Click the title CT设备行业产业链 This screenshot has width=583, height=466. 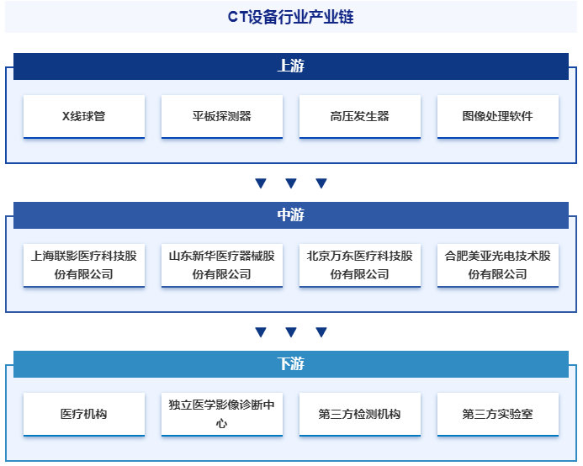point(291,17)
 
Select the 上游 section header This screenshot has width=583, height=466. point(291,66)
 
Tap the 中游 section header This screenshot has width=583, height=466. point(291,215)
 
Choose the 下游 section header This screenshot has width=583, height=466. point(291,364)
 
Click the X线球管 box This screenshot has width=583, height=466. point(84,116)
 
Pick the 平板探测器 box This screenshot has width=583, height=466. point(222,116)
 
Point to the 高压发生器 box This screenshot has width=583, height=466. point(360,116)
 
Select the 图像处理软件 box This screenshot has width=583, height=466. point(498,116)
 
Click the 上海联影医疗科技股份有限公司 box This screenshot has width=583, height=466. point(84,265)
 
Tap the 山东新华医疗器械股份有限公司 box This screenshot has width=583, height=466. point(222,265)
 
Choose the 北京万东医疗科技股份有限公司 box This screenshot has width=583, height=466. point(360,265)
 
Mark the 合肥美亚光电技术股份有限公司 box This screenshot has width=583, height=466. point(498,265)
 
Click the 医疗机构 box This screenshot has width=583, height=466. point(84,414)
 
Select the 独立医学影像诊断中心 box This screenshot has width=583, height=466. point(222,414)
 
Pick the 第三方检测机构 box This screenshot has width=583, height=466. point(360,414)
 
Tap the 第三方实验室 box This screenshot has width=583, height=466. point(498,414)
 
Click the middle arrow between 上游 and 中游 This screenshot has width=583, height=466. point(291,183)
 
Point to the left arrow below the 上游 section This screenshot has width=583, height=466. point(261,183)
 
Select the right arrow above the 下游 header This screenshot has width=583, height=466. point(321,332)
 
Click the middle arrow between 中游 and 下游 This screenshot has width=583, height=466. point(291,332)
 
